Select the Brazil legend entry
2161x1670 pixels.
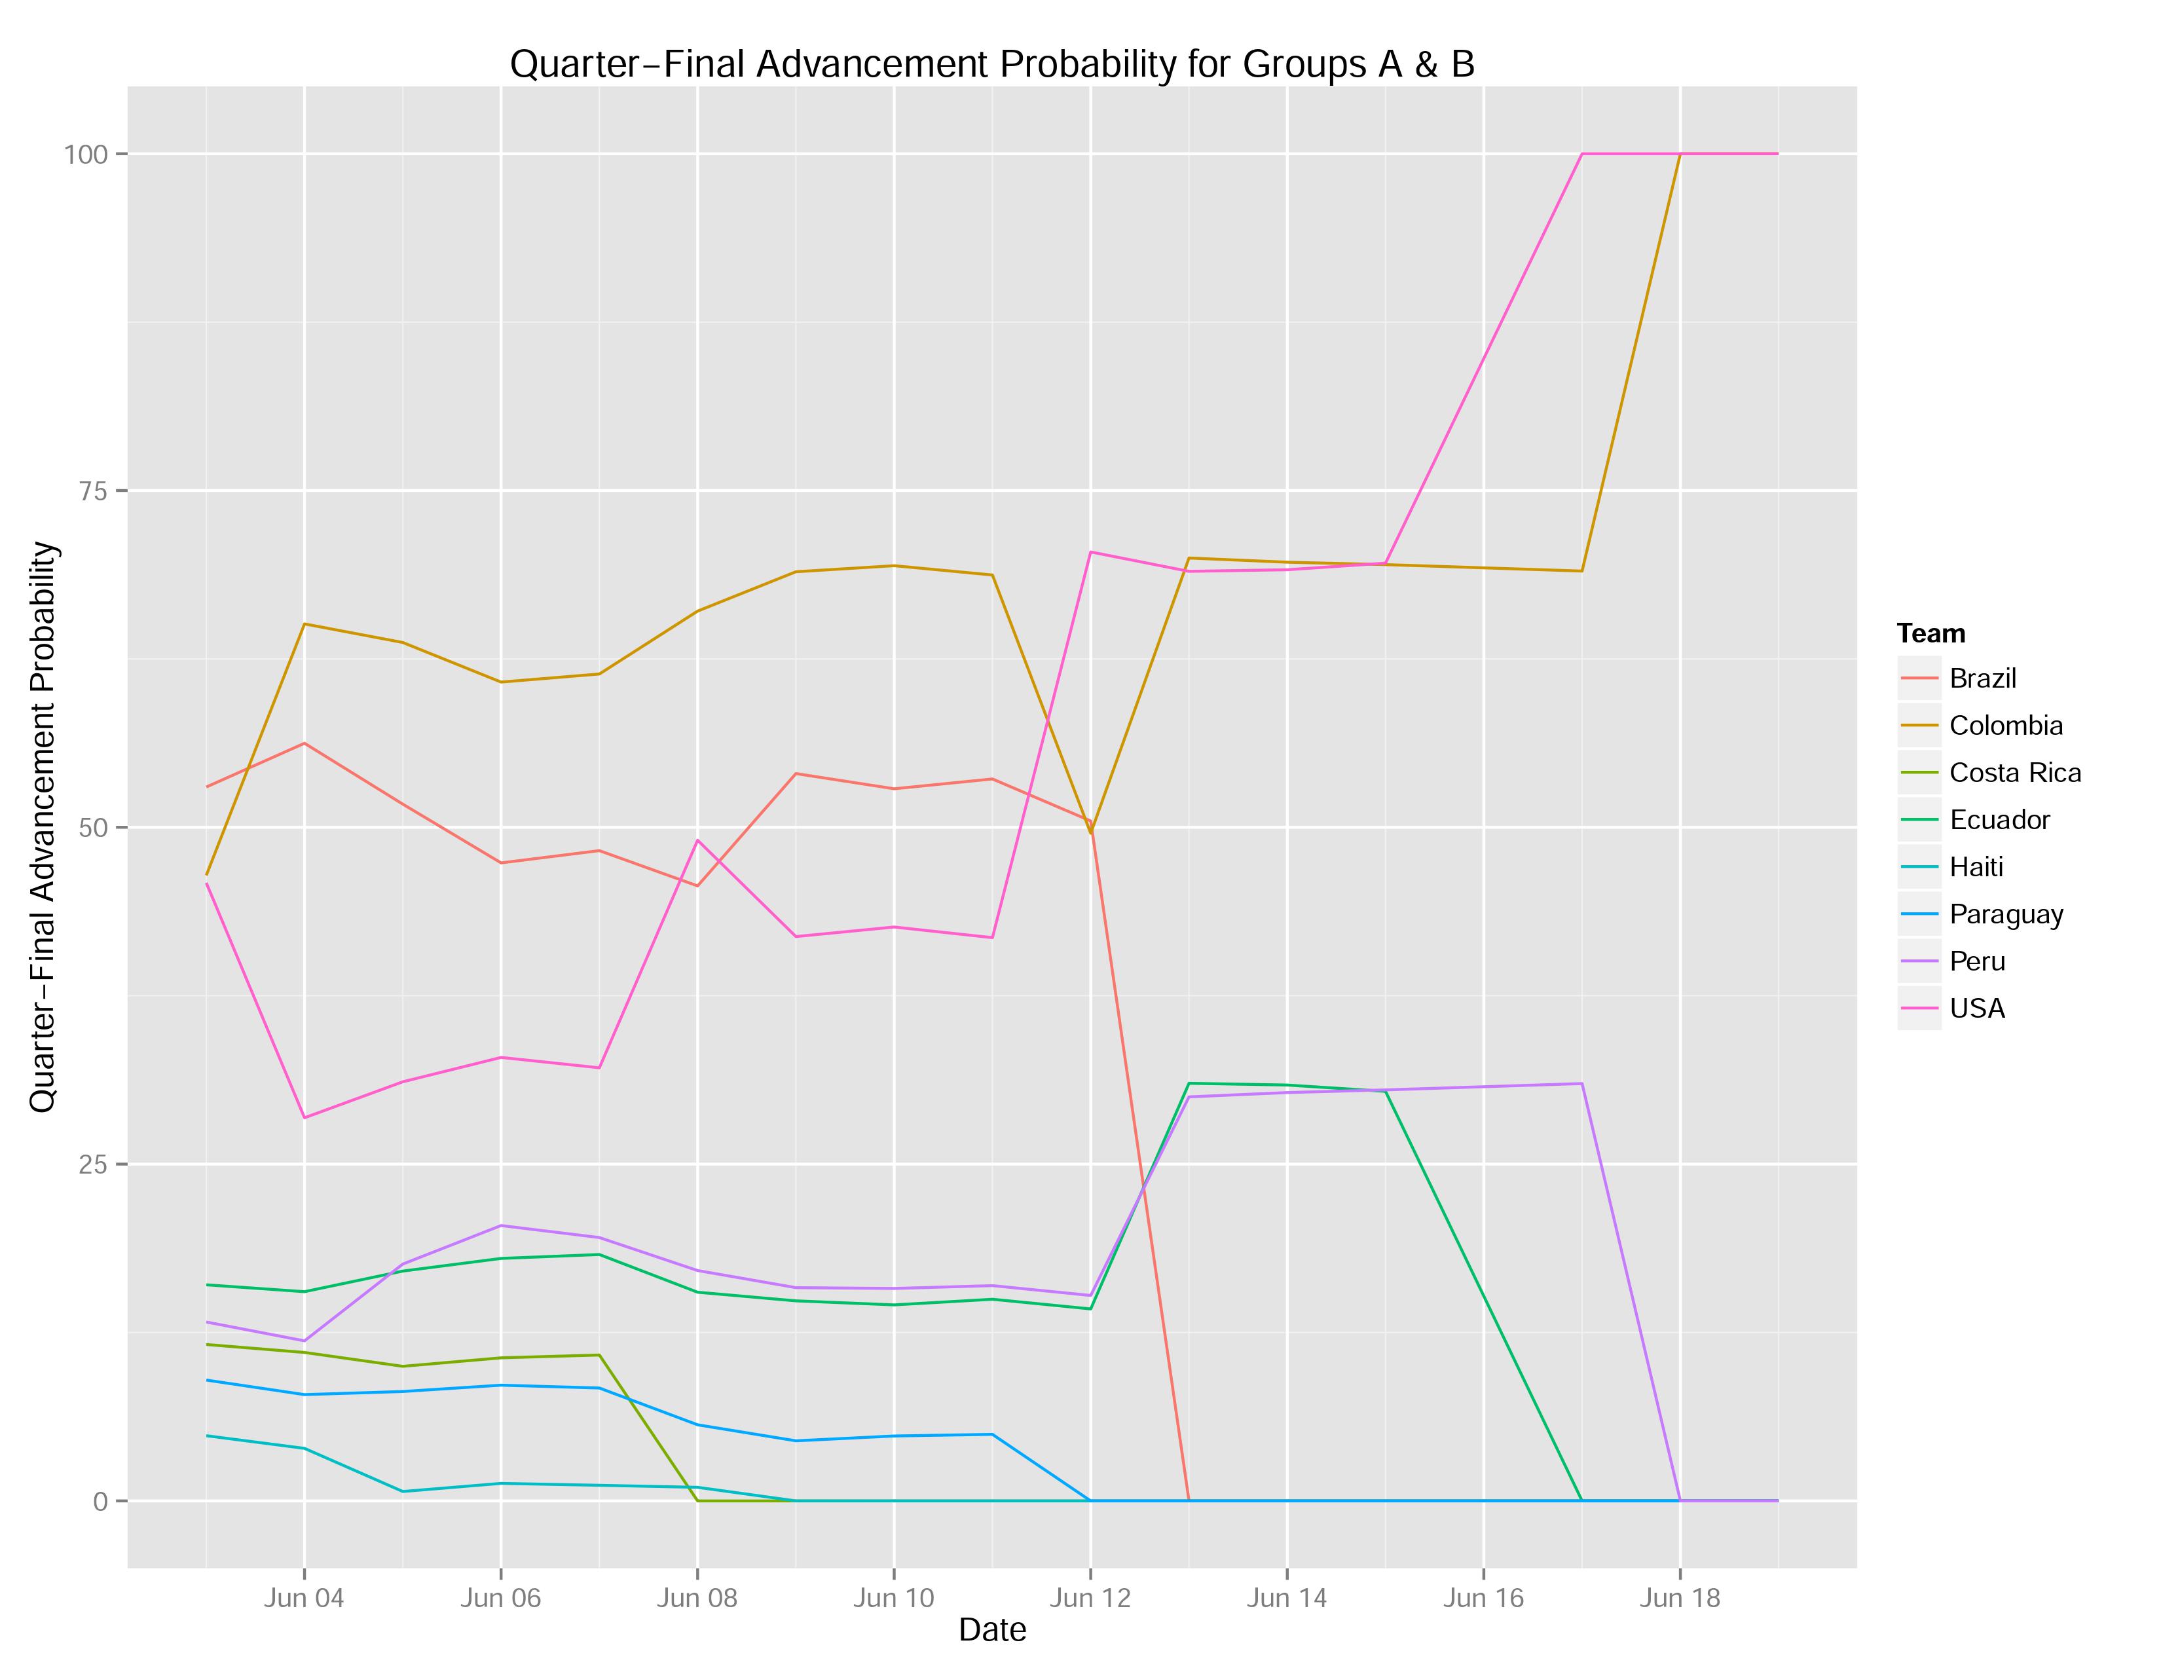point(1982,678)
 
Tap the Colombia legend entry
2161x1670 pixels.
point(2006,726)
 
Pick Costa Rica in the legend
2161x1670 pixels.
point(2014,773)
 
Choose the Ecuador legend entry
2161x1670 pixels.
point(1999,820)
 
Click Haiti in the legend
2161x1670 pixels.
point(1976,868)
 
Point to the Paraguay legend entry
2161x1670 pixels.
point(2006,914)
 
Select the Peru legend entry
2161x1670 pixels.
point(1977,961)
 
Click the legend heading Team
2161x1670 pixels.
point(1930,633)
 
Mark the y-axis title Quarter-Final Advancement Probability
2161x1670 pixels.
point(43,827)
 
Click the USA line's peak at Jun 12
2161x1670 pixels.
point(1090,552)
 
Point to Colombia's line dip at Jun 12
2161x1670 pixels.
point(1090,833)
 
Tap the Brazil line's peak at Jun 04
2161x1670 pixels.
point(304,743)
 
